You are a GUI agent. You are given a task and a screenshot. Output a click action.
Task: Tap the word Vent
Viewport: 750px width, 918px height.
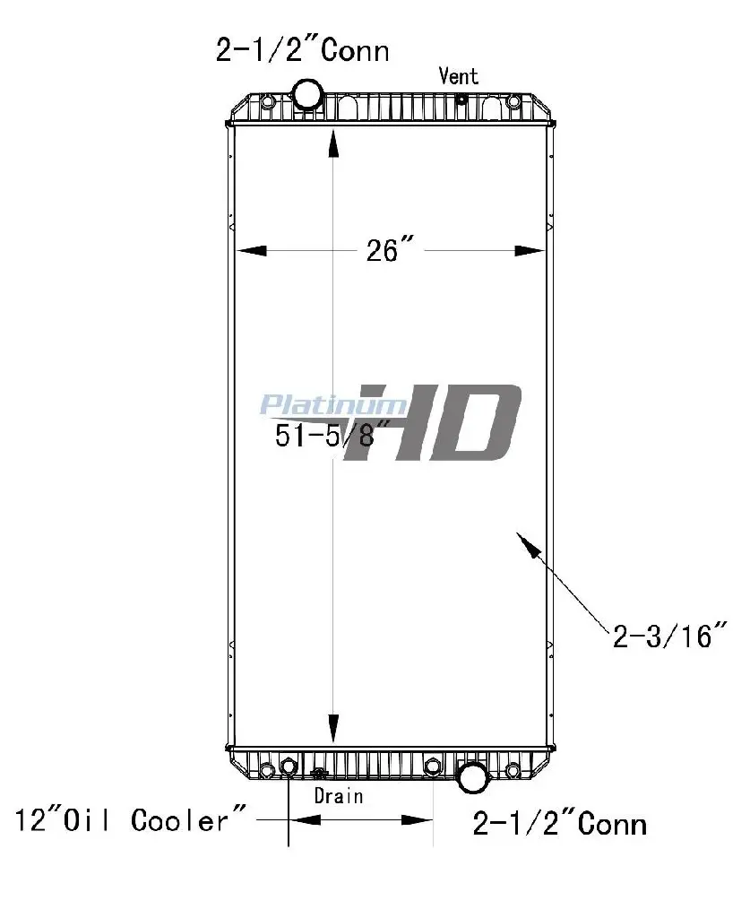coord(459,75)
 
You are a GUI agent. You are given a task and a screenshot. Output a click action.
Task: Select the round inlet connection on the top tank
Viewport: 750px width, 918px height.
coord(307,93)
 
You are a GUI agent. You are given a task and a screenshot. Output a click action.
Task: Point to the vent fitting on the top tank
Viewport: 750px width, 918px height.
coord(461,100)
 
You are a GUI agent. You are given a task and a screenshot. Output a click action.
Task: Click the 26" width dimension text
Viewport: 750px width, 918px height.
coord(390,250)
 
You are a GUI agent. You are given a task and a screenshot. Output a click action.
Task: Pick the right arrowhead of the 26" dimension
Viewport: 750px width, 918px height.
coord(530,251)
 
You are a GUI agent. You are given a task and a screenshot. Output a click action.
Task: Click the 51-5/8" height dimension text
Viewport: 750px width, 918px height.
coord(332,435)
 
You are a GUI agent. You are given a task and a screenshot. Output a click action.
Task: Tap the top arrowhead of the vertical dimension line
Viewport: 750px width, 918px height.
coord(333,143)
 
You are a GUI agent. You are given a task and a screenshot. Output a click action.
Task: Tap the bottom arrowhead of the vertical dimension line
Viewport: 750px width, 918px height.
coord(333,730)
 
